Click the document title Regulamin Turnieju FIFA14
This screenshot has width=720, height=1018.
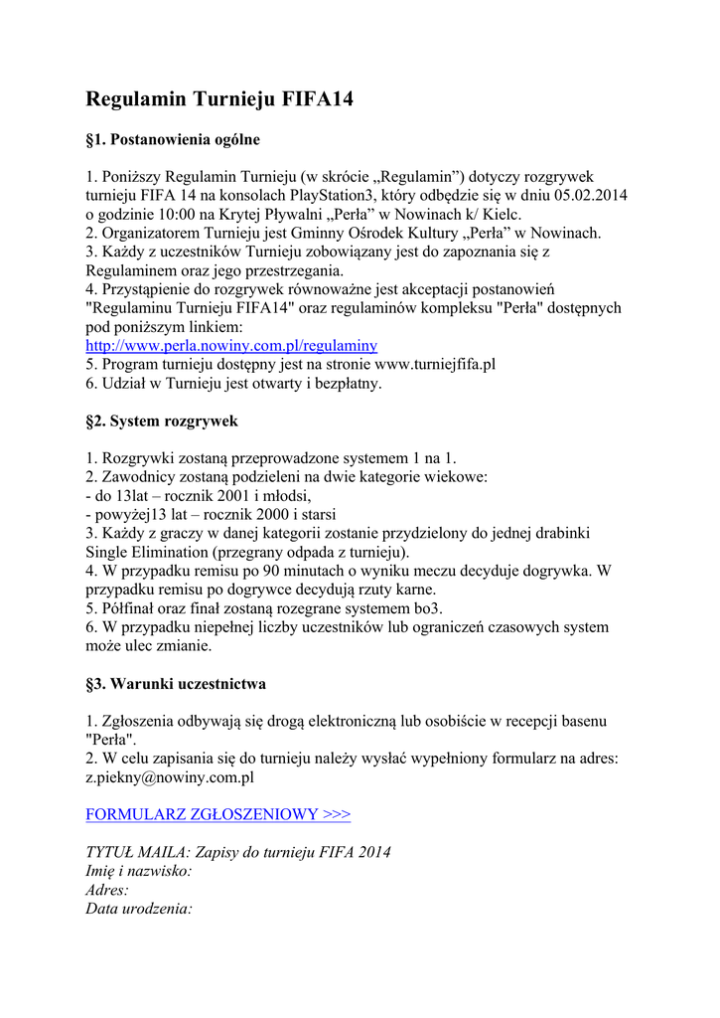219,100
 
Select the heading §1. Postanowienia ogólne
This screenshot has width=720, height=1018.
173,140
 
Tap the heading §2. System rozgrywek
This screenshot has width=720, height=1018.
162,422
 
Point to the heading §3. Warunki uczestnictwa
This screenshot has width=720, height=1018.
176,684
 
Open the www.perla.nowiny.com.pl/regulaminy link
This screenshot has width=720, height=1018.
231,346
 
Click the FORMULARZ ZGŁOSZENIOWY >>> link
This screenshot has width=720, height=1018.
217,815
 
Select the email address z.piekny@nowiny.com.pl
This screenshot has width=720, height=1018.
170,778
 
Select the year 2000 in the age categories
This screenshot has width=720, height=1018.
254,515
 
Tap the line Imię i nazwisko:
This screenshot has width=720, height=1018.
139,872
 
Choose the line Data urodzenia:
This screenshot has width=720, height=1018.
138,910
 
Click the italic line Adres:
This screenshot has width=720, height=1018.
107,891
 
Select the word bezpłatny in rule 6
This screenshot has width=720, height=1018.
345,384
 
